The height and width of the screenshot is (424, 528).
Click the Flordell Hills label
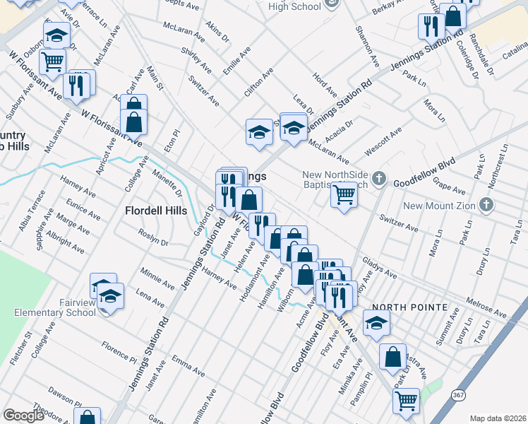pyautogui.click(x=156, y=211)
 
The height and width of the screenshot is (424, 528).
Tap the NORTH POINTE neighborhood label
pyautogui.click(x=410, y=307)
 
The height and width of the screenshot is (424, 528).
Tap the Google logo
pyautogui.click(x=23, y=416)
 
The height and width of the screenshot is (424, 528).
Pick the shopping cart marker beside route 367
pyautogui.click(x=406, y=401)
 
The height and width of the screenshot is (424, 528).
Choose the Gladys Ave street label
pyautogui.click(x=379, y=267)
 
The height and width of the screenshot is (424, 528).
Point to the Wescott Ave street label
pyautogui.click(x=383, y=142)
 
